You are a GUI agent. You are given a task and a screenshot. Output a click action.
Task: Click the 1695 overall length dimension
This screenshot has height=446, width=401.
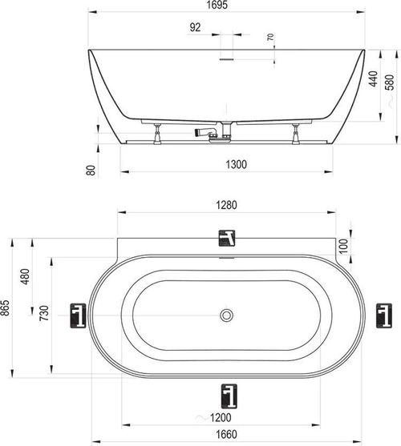(217, 5)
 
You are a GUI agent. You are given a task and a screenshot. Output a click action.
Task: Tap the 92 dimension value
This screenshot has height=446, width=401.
(195, 27)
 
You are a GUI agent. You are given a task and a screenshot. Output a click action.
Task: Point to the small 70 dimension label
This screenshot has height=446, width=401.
(270, 37)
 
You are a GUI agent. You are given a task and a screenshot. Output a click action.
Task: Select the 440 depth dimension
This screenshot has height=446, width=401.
(373, 78)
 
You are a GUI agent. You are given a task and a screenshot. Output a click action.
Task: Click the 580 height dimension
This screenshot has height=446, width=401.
(390, 82)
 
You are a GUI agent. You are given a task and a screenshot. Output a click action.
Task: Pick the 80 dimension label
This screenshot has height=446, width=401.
(91, 170)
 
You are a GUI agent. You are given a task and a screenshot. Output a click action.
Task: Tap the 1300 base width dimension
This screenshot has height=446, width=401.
(236, 164)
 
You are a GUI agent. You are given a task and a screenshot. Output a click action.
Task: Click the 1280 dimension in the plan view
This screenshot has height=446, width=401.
(226, 205)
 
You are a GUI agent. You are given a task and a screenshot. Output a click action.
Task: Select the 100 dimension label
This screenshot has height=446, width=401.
(344, 246)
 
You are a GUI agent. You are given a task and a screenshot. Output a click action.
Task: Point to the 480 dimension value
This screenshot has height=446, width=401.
(25, 276)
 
